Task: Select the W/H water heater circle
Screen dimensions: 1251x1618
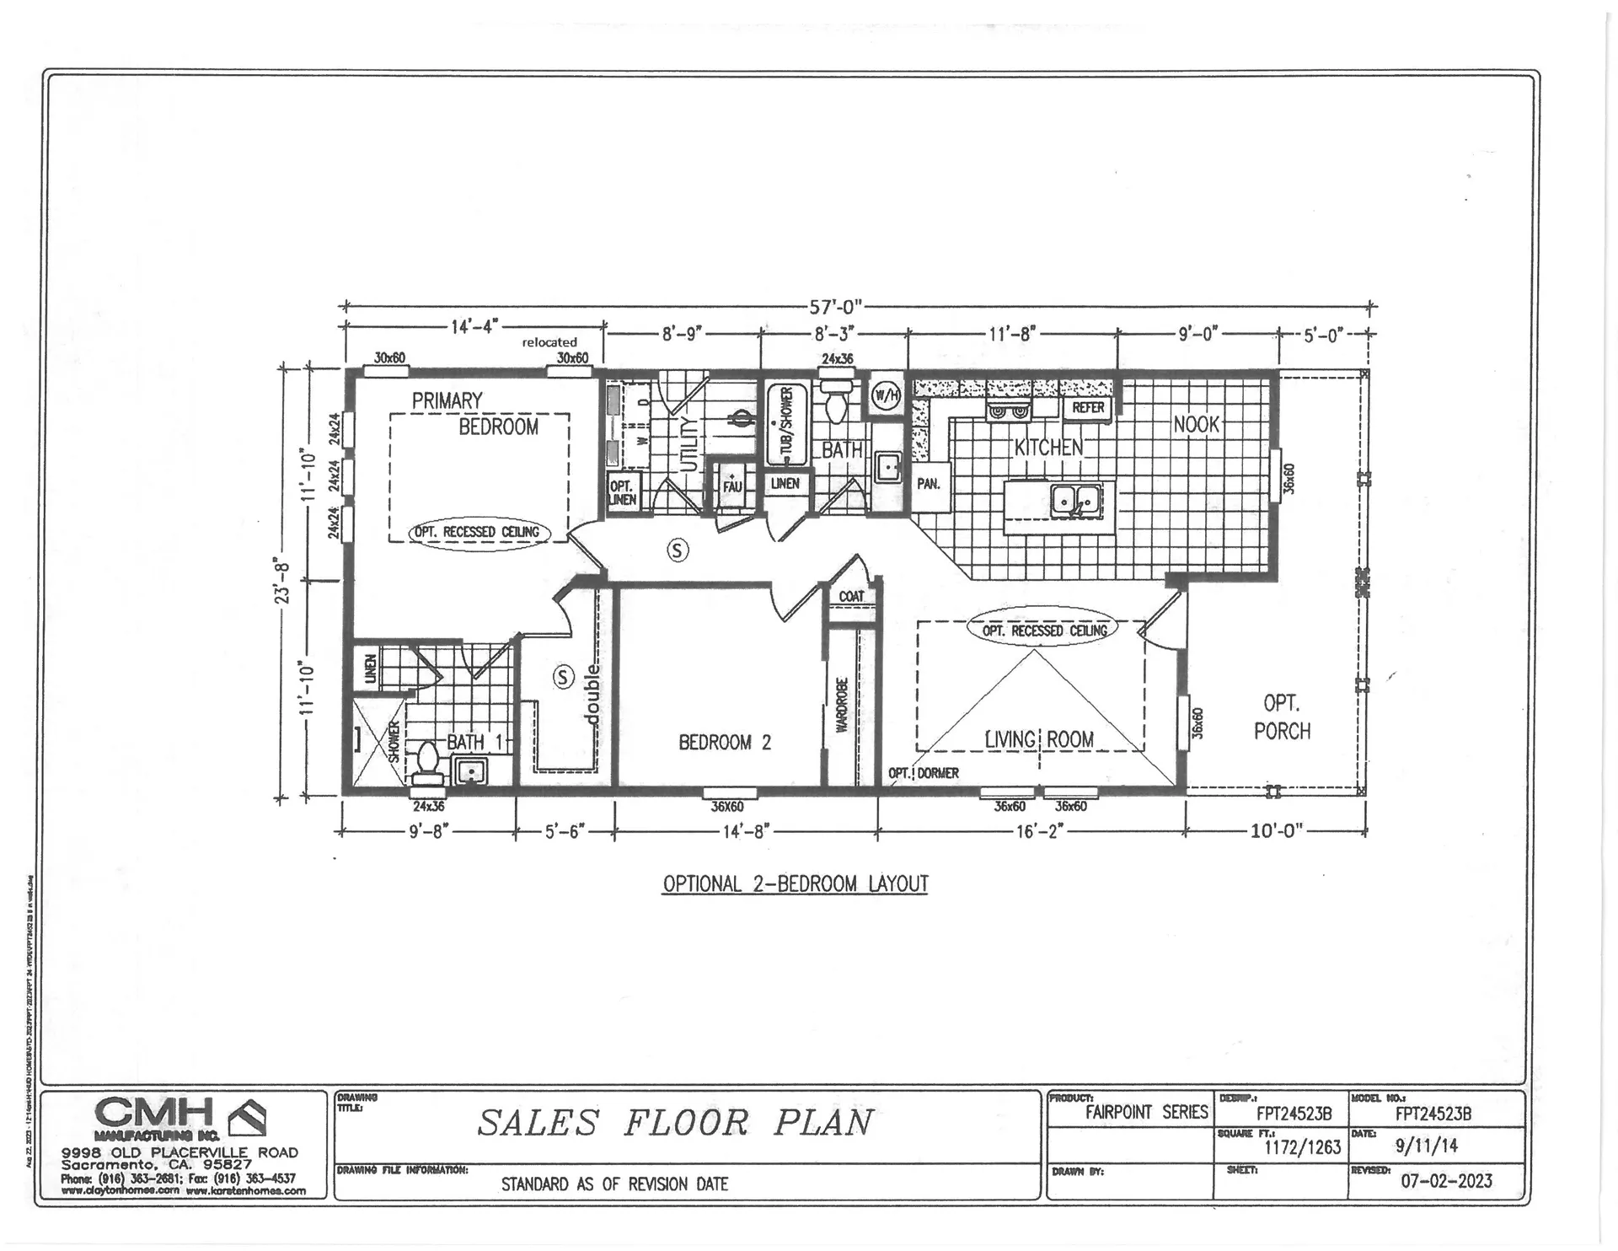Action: tap(885, 395)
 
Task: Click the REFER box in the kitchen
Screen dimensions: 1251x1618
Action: tap(1087, 408)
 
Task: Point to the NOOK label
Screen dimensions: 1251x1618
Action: tap(1196, 424)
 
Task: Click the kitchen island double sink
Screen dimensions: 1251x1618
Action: tap(1076, 502)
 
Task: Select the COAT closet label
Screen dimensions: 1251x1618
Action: tap(851, 596)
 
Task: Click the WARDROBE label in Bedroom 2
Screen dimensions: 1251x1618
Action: tap(841, 704)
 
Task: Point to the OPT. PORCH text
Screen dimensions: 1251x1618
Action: tap(1281, 717)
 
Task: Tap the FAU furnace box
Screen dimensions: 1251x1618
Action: tap(731, 485)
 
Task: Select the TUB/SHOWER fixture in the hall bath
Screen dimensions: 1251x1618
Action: tap(786, 425)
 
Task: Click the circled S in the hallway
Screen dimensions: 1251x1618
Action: tap(678, 550)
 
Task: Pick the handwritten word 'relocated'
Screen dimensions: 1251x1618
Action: tap(549, 342)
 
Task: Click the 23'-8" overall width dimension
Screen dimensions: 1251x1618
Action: tap(282, 582)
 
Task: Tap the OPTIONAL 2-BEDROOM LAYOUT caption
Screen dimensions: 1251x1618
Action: tap(795, 884)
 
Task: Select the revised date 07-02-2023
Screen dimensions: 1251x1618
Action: tap(1445, 1180)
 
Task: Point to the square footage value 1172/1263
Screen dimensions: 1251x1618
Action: tap(1302, 1146)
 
